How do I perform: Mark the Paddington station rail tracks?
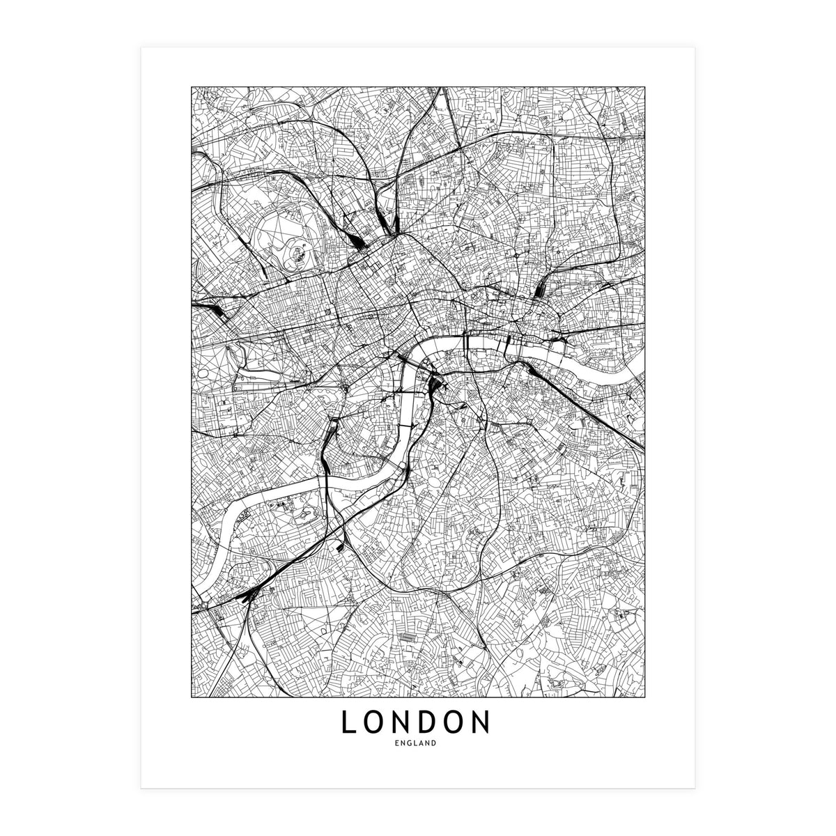(x=216, y=310)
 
